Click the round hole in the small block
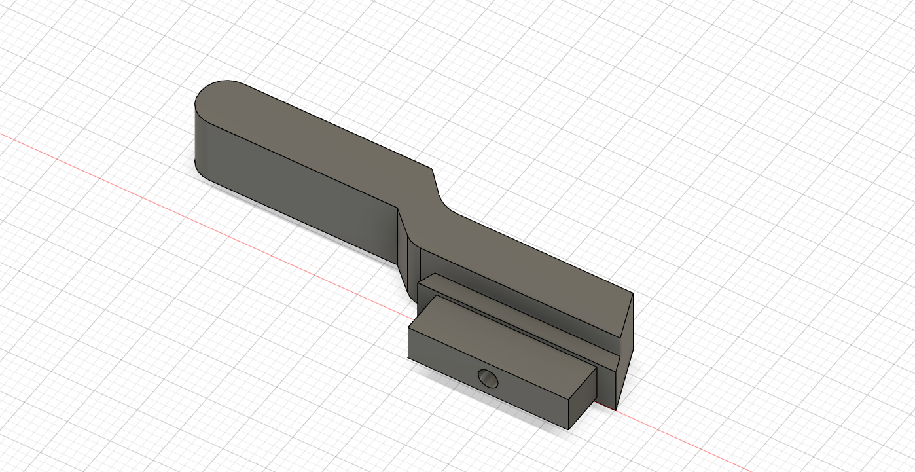click(x=488, y=378)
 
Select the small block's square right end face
click(x=583, y=397)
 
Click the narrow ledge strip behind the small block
click(x=517, y=308)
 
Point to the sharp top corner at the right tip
click(x=633, y=295)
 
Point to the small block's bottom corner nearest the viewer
click(x=568, y=429)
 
